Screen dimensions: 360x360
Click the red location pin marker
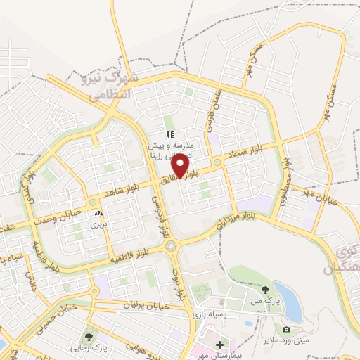tap(181, 165)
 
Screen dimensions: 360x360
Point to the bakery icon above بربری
tap(98, 212)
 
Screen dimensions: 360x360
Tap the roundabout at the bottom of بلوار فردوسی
tap(171, 246)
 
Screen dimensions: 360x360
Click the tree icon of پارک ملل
tap(265, 289)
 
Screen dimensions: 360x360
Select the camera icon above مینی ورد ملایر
tap(286, 330)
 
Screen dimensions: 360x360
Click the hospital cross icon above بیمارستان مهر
tap(219, 345)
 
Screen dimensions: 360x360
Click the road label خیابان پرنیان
tap(147, 305)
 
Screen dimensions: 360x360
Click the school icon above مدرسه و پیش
tap(169, 134)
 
